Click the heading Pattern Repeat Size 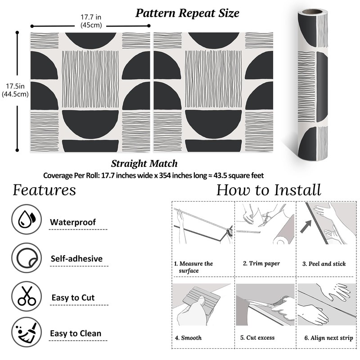tap(187, 13)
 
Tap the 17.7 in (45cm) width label tap(90, 21)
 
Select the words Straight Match tap(144, 163)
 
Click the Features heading tap(44, 190)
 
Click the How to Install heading tap(269, 190)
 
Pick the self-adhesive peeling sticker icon tap(26, 258)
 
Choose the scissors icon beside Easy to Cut tap(26, 296)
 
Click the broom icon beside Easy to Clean tap(26, 333)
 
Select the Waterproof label tap(73, 222)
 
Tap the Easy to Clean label tap(76, 333)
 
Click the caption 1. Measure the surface tap(193, 267)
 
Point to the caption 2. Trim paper tap(261, 264)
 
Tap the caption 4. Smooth tap(188, 337)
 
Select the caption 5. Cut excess tap(257, 337)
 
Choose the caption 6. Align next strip tap(328, 337)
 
